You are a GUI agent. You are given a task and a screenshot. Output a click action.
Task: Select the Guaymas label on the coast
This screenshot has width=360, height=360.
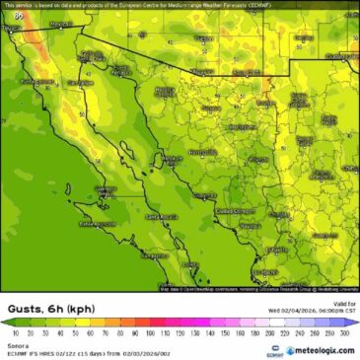202,195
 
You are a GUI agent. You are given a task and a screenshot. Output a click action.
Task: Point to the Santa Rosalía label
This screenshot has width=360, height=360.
161,216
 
